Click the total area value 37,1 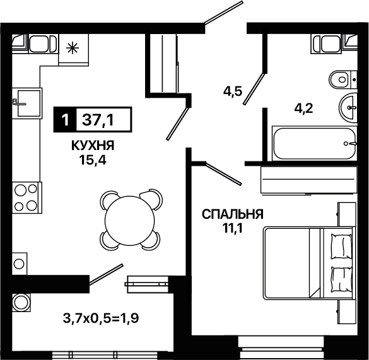[98, 120]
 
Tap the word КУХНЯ [93, 146]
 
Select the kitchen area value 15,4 [93, 161]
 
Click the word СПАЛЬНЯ [233, 214]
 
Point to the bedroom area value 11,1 [233, 228]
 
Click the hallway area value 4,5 [233, 91]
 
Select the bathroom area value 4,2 [303, 108]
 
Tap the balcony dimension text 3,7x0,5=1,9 [101, 318]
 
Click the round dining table [130, 220]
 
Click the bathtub [314, 144]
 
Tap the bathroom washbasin [348, 108]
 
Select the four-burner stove [26, 197]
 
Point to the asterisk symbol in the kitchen [73, 48]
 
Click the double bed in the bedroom [309, 264]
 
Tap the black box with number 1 [65, 120]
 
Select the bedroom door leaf [223, 173]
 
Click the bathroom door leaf [254, 89]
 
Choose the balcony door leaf [106, 274]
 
